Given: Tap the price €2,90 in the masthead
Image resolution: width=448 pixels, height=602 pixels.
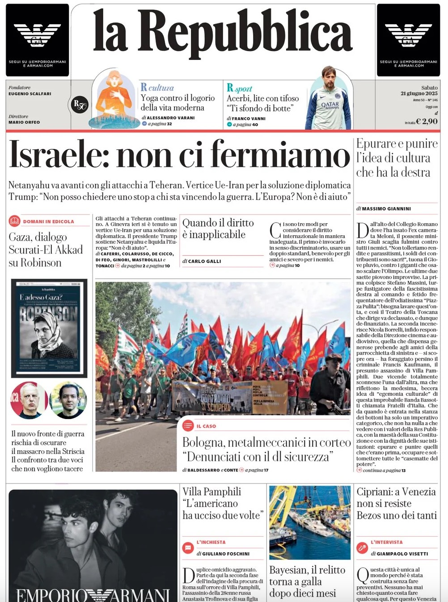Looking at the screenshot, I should click(x=427, y=121).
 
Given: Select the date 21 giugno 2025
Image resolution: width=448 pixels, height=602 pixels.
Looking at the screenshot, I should click(x=419, y=93).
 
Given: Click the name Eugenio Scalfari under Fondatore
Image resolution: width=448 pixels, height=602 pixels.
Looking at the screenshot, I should click(x=30, y=94).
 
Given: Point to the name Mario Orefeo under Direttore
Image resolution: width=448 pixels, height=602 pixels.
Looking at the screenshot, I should click(x=24, y=122).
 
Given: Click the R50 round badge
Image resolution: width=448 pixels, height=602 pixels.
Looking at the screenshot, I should click(x=80, y=105).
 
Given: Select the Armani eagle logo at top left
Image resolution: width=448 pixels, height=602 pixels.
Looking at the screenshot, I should click(x=37, y=35).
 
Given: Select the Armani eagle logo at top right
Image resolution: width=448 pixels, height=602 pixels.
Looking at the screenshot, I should click(x=408, y=35).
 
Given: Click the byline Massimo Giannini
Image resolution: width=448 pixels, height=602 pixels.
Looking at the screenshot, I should click(x=386, y=209).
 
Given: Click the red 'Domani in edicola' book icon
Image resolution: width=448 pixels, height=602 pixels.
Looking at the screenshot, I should click(x=14, y=221).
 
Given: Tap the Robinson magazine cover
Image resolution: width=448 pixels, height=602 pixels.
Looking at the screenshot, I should click(x=49, y=328).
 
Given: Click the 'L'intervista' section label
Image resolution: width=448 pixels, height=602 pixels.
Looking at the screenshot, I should click(x=386, y=543).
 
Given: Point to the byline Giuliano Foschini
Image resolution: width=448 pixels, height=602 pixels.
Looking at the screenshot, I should click(x=226, y=554).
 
